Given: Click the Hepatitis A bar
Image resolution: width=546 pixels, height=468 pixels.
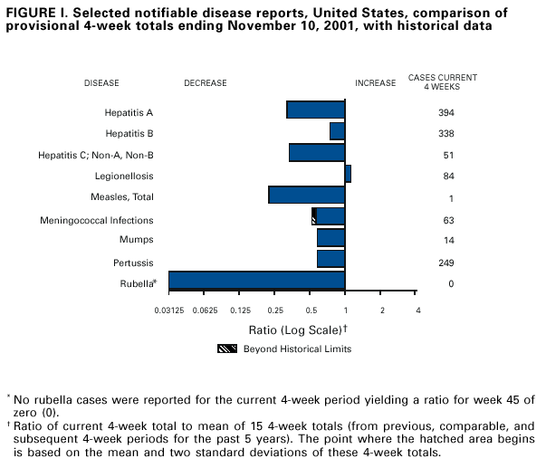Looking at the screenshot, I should pyautogui.click(x=315, y=110).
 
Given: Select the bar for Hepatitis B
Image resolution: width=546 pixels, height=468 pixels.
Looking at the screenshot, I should pyautogui.click(x=337, y=131).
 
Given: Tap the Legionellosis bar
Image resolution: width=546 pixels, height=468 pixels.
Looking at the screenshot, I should pyautogui.click(x=348, y=174).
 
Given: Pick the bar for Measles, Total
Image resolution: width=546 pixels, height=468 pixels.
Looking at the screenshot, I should pyautogui.click(x=306, y=195).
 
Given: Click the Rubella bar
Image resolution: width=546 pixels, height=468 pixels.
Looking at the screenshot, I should pyautogui.click(x=256, y=281).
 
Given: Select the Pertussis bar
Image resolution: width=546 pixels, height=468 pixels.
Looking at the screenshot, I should pyautogui.click(x=330, y=259).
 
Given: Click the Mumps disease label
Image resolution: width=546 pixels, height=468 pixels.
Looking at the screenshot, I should pyautogui.click(x=136, y=240).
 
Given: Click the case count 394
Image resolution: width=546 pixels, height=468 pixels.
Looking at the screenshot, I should pyautogui.click(x=445, y=113).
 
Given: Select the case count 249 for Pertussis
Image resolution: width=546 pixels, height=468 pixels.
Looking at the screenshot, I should pyautogui.click(x=445, y=263).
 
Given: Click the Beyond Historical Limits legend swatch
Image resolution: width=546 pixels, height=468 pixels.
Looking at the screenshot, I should pyautogui.click(x=226, y=349).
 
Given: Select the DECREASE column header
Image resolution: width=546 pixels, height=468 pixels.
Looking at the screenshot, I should pyautogui.click(x=206, y=83).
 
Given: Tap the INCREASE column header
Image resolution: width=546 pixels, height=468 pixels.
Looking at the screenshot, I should pyautogui.click(x=375, y=83).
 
